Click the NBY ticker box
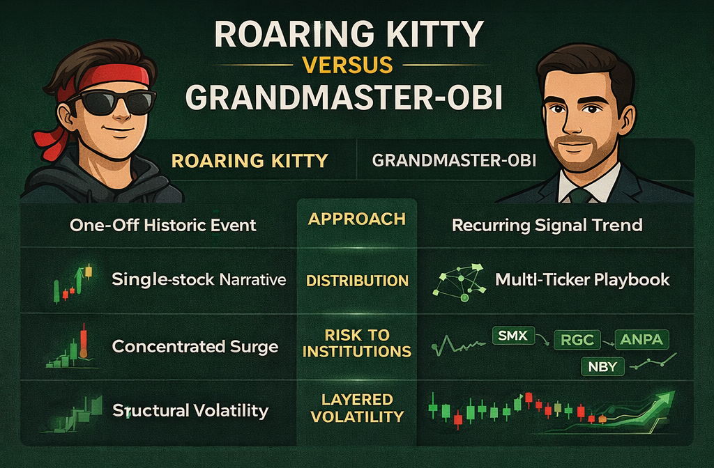click(602, 367)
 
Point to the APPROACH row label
click(356, 219)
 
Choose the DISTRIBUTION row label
click(357, 281)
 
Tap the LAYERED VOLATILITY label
click(357, 408)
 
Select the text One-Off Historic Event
click(163, 225)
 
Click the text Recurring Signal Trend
click(547, 225)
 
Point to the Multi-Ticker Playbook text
click(582, 280)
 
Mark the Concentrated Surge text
click(195, 346)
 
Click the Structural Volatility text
click(190, 410)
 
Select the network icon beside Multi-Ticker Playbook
click(457, 281)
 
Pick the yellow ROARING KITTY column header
click(249, 161)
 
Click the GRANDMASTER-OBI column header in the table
click(454, 161)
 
